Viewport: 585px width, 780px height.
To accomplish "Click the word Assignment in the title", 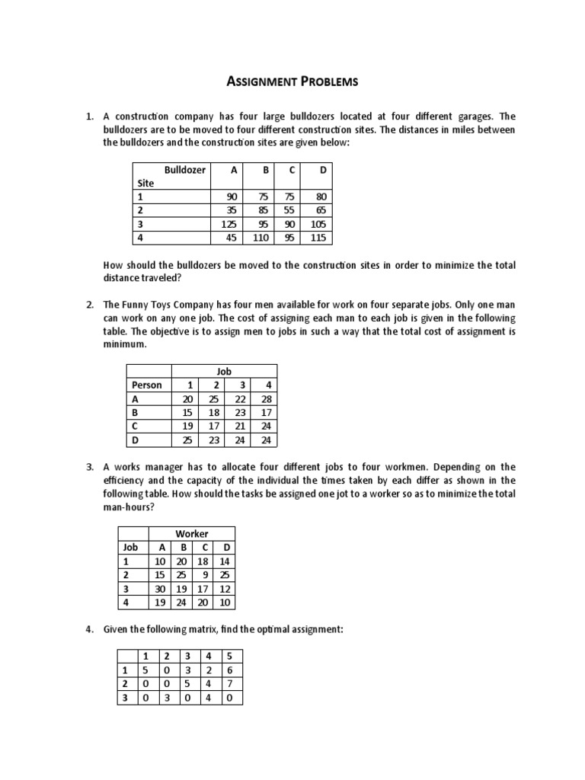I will (x=262, y=81).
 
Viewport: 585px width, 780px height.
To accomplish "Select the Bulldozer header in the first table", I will (x=185, y=170).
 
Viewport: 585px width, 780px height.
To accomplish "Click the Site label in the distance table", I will (x=145, y=184).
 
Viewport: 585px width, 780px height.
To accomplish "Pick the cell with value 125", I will (x=229, y=224).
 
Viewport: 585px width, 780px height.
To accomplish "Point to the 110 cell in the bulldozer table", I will (x=261, y=238).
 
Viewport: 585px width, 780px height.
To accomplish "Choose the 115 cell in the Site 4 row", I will (x=318, y=238).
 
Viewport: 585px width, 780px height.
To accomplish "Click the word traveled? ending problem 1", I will (x=127, y=279).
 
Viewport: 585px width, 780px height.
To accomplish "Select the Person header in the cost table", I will (x=147, y=385).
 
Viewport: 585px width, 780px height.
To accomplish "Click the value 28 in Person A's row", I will (x=266, y=399).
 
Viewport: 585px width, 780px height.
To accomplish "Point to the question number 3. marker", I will (x=89, y=466).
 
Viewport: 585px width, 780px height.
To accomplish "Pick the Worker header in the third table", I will (x=192, y=533).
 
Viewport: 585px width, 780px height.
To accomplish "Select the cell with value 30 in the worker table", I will (x=161, y=588).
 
